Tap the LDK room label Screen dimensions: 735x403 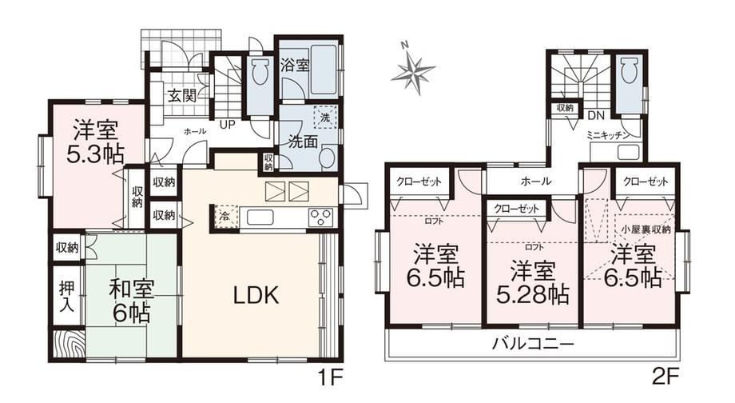256,295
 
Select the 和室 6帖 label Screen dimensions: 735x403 131,301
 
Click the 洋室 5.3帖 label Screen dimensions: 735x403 95,142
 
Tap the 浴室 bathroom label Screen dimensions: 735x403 295,65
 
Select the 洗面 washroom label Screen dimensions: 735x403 303,142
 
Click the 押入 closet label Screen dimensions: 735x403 66,297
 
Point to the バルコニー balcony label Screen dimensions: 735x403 533,345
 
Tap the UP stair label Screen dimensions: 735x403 228,126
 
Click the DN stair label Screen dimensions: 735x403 596,115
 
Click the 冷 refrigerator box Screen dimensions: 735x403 226,217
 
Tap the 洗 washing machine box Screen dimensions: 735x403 325,118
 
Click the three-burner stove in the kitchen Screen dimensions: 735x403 320,217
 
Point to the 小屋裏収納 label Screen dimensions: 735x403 646,229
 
